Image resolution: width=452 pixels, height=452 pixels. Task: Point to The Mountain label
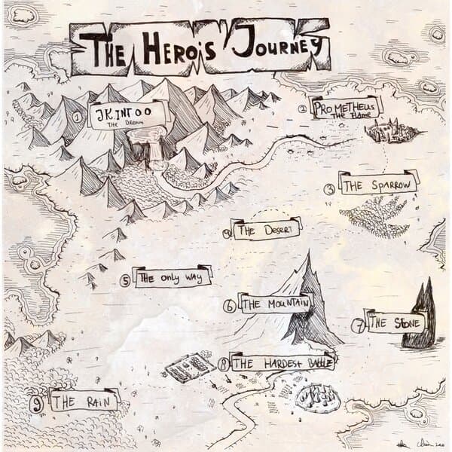click(275, 304)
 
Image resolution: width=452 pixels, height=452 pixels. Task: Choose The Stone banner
click(395, 323)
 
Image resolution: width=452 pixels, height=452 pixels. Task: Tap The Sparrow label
click(377, 185)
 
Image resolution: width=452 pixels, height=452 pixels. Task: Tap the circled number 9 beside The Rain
click(36, 401)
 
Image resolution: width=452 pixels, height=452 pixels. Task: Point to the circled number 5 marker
click(125, 280)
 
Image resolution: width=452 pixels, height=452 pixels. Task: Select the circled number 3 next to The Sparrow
click(329, 189)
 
